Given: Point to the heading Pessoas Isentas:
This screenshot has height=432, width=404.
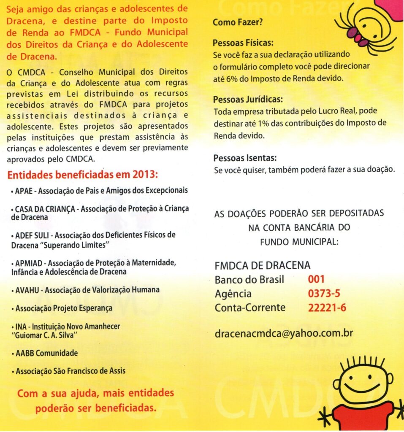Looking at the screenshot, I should click(245, 159).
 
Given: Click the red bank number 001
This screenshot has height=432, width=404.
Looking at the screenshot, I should click(316, 279).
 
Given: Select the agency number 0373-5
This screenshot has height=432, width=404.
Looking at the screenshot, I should click(324, 294).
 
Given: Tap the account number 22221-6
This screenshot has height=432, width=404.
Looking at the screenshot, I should click(327, 308).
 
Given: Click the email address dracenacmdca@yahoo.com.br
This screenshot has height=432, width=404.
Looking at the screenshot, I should click(284, 333).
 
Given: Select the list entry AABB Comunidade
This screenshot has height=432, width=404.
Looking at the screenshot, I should click(46, 353).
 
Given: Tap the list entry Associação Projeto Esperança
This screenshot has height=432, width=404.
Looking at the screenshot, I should click(64, 308).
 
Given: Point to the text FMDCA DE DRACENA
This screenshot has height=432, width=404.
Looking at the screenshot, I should click(263, 266).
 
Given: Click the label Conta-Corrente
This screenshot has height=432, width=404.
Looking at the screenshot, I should click(250, 308).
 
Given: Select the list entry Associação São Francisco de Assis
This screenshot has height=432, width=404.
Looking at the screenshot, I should click(70, 372).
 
